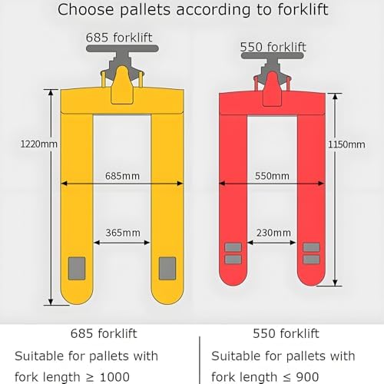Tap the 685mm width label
point(123,176)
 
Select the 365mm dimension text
point(123,232)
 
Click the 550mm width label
point(273,176)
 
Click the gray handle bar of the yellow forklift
point(123,48)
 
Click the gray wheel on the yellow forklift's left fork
point(78,269)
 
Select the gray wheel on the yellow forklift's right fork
point(167,269)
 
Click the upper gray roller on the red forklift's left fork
point(233,247)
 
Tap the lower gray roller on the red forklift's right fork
point(311,260)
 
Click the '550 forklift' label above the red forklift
point(273,48)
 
